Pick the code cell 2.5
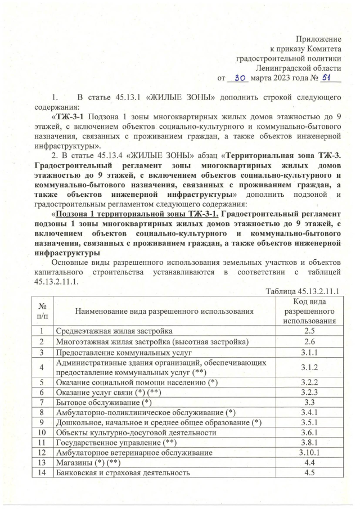[x=308, y=331]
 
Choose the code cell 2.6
[x=308, y=342]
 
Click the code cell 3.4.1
[x=308, y=413]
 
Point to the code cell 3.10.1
[x=308, y=453]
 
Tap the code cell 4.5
[x=308, y=474]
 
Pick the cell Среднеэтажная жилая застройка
[x=113, y=331]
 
